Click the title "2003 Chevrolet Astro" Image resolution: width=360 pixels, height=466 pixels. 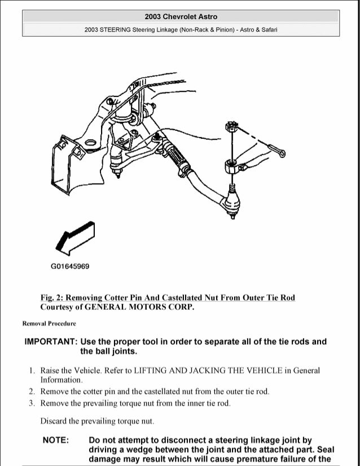coord(181,17)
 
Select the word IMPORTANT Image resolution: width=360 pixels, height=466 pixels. coord(50,342)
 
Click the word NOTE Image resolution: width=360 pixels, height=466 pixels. coord(56,440)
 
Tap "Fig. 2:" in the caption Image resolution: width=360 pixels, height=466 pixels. coord(52,298)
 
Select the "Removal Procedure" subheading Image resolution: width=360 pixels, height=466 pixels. coord(49,324)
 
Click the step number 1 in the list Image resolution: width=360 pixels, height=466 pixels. coord(30,371)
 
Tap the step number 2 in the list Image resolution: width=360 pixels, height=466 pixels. coord(30,391)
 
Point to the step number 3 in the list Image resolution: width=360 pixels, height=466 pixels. coord(30,403)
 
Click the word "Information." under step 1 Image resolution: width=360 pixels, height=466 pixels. coord(62,380)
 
